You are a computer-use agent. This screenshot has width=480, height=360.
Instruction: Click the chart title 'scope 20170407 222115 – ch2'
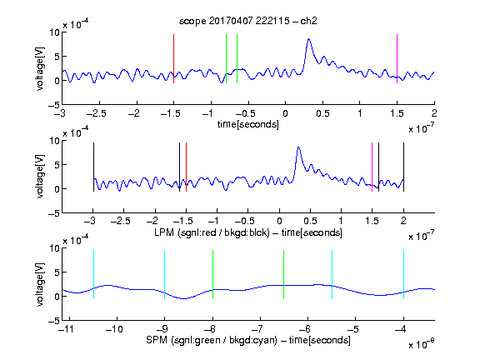click(x=248, y=21)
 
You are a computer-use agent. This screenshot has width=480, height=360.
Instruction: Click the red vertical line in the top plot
click(x=174, y=59)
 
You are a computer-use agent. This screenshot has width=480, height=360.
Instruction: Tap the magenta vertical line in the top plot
click(x=397, y=59)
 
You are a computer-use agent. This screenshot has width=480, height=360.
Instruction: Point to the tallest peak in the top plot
click(x=309, y=39)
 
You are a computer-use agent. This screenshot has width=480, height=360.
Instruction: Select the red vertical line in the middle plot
click(x=186, y=167)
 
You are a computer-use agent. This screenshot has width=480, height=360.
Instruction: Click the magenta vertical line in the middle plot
click(x=372, y=167)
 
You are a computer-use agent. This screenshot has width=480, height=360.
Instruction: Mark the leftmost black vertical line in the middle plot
click(x=93, y=167)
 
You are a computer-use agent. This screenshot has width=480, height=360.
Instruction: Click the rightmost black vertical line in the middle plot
click(x=403, y=167)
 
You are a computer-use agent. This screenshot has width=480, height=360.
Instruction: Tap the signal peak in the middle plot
click(x=298, y=147)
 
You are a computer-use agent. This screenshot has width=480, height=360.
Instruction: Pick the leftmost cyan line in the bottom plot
click(x=93, y=275)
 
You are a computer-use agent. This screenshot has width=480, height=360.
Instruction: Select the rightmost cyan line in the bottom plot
click(x=403, y=275)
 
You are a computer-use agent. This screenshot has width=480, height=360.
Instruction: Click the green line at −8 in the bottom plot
click(x=212, y=275)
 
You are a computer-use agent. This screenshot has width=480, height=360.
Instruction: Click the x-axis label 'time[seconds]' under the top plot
click(x=248, y=124)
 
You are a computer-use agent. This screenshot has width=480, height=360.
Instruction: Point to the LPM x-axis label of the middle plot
click(x=248, y=232)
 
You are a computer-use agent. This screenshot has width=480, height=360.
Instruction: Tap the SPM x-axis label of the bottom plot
click(x=248, y=340)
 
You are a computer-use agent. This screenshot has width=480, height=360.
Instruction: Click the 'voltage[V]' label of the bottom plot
click(x=40, y=284)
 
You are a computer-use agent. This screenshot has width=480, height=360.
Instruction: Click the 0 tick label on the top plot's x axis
click(x=285, y=113)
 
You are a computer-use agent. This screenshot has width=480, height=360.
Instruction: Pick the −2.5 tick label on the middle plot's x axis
click(x=121, y=221)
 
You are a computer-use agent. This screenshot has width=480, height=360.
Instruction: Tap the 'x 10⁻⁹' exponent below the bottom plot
click(x=421, y=344)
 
